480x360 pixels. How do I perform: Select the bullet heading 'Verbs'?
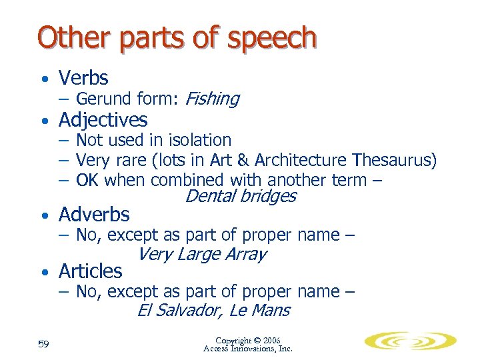point(83,78)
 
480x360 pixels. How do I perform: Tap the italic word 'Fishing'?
point(211,99)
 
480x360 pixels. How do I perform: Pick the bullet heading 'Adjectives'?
point(103,120)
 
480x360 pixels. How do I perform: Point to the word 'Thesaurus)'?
point(395,160)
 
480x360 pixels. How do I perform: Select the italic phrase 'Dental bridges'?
point(240,196)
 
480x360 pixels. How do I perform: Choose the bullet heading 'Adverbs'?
point(94,214)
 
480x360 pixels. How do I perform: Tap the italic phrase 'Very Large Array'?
point(201,254)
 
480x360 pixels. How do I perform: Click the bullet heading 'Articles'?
point(91,271)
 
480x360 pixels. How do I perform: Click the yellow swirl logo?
point(410,341)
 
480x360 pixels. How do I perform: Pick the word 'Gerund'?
point(103,99)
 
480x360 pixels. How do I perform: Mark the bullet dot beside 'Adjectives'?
point(43,121)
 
